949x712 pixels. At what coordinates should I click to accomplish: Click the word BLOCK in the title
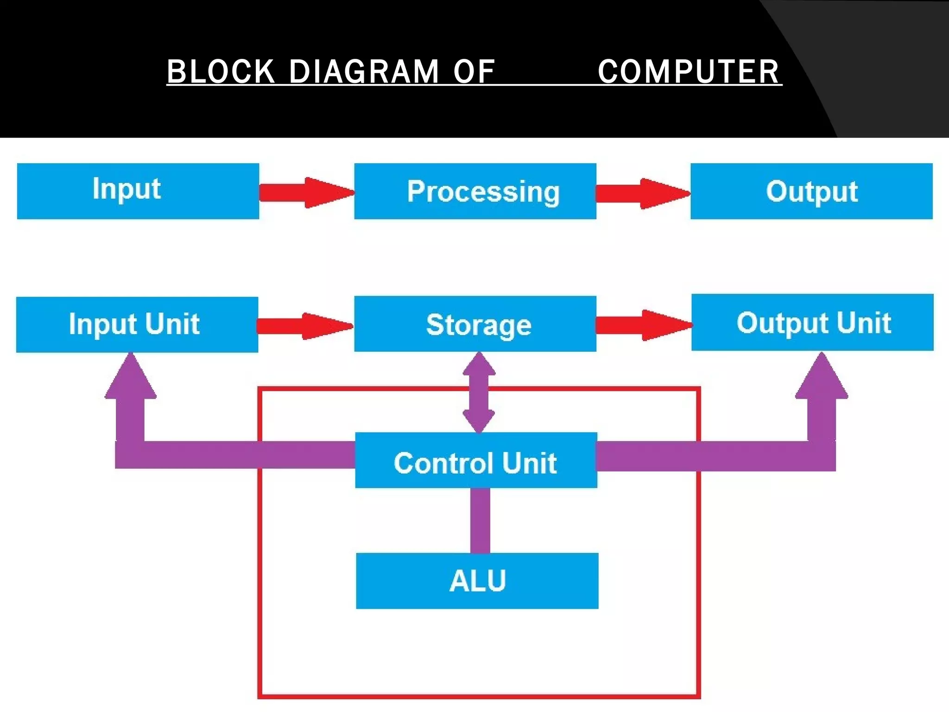221,72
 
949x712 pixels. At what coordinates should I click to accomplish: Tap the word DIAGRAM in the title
364,72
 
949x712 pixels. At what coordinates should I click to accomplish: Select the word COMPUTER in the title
689,72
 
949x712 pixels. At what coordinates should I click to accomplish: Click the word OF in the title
474,72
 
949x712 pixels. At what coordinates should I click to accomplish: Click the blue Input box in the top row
138,191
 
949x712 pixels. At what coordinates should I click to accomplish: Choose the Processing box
475,191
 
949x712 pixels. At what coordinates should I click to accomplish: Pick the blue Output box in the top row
811,191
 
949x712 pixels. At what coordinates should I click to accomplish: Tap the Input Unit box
137,324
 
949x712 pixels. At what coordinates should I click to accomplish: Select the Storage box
475,324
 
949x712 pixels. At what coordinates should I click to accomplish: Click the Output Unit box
812,323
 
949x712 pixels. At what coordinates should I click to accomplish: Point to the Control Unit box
476,460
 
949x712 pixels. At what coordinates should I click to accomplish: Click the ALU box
477,581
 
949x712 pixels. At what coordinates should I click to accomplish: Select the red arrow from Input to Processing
306,192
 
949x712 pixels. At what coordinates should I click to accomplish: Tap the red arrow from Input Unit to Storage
304,326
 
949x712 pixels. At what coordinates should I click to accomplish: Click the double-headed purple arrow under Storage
479,392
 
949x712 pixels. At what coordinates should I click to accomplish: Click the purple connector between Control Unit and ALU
480,520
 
